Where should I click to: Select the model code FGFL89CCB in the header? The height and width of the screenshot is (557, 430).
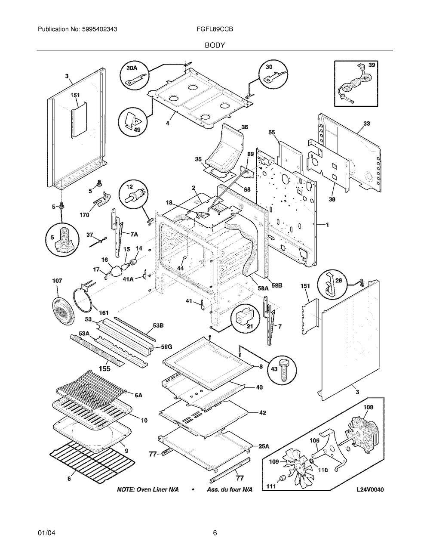pyautogui.click(x=215, y=29)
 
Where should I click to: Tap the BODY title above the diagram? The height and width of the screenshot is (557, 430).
pyautogui.click(x=215, y=45)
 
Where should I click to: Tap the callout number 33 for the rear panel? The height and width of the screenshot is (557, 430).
pyautogui.click(x=366, y=124)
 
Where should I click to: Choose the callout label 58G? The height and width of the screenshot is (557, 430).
pyautogui.click(x=166, y=347)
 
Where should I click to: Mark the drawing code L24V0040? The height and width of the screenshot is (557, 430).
pyautogui.click(x=370, y=489)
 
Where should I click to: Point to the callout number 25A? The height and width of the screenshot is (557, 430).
pyautogui.click(x=264, y=446)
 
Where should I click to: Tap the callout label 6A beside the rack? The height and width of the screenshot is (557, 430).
pyautogui.click(x=138, y=395)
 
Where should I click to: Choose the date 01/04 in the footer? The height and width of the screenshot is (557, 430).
pyautogui.click(x=46, y=532)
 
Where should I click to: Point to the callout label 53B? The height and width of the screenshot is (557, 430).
pyautogui.click(x=158, y=325)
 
